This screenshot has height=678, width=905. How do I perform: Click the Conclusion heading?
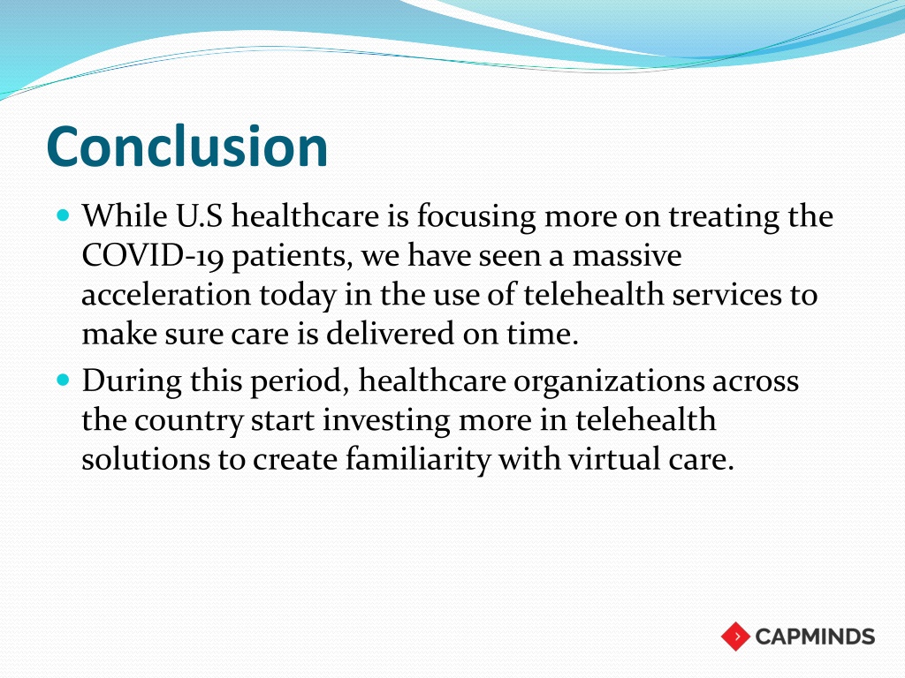click(187, 147)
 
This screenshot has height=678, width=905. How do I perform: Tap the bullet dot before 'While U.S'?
click(64, 216)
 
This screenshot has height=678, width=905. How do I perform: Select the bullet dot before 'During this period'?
click(64, 380)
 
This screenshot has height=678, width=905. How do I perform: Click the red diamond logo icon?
click(735, 637)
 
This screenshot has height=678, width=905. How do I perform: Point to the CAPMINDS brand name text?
click(815, 637)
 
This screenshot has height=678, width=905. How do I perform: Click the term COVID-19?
click(152, 255)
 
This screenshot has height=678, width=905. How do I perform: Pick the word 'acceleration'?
click(166, 295)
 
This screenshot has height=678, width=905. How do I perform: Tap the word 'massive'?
click(627, 255)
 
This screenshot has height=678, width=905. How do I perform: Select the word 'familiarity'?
click(418, 459)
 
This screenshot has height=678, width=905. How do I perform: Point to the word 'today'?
click(297, 296)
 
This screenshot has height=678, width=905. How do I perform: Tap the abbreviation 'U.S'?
click(199, 216)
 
